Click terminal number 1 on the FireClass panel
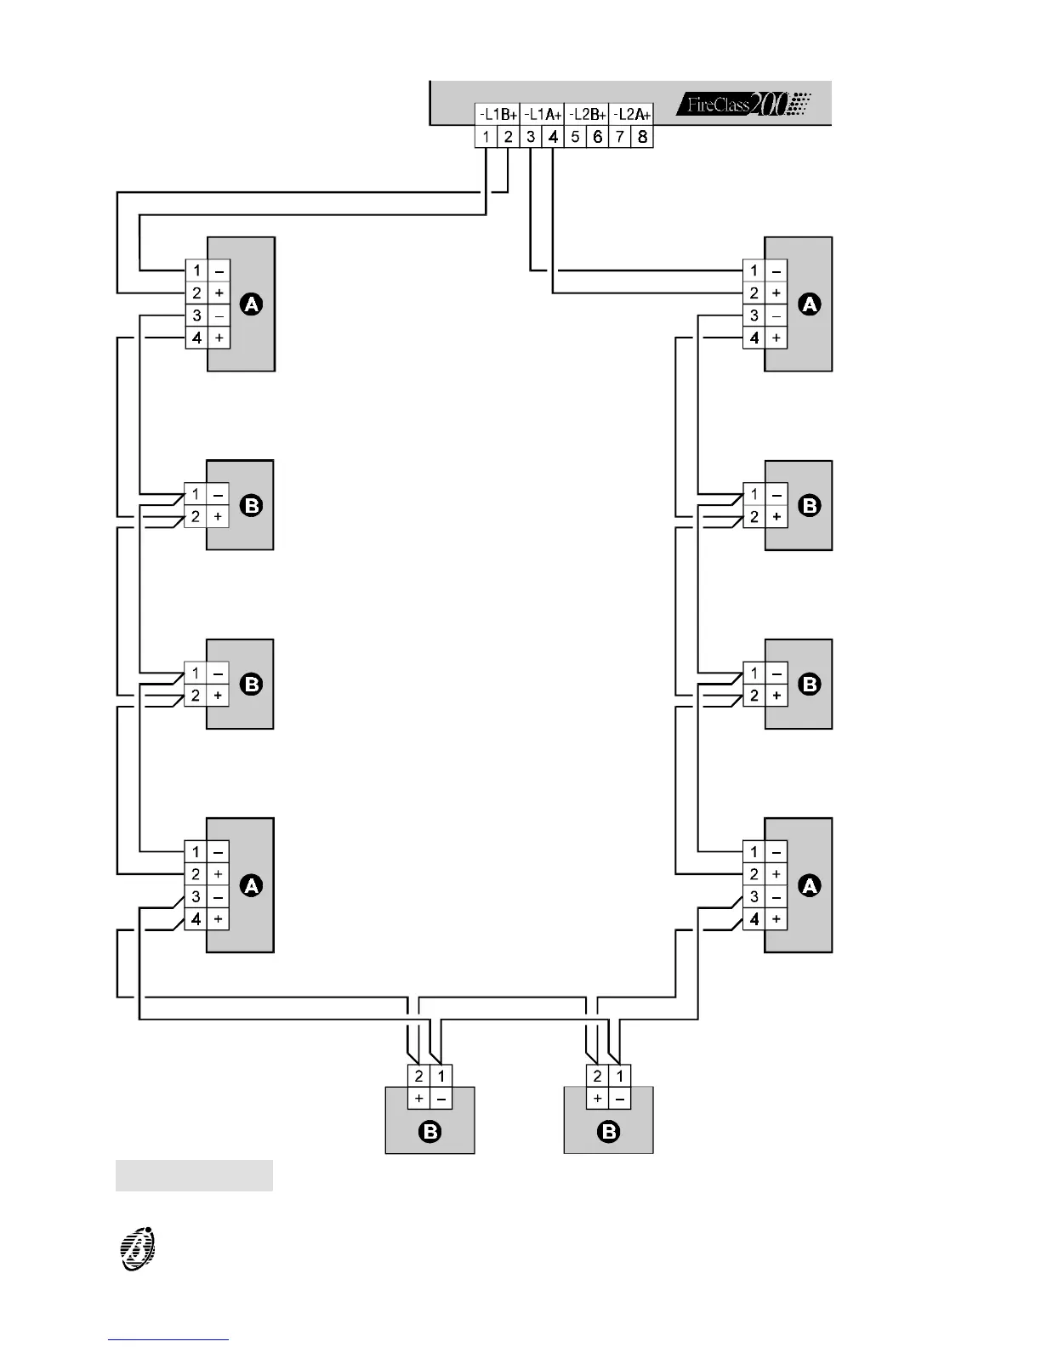coord(486,137)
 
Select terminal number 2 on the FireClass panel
coord(508,137)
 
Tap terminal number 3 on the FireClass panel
coord(531,137)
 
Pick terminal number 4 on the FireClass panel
coord(553,137)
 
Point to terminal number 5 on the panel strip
coord(575,137)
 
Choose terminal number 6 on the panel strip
coord(598,137)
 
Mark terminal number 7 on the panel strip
coord(620,137)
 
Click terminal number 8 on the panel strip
coord(642,137)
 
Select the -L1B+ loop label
coord(498,114)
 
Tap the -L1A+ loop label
coord(542,114)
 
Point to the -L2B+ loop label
coord(587,114)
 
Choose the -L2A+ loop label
coord(631,114)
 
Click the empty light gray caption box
coord(194,1175)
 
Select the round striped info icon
coord(138,1249)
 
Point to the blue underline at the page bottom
coord(168,1339)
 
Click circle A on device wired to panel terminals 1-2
coord(252,304)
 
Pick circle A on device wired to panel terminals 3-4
coord(810,304)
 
